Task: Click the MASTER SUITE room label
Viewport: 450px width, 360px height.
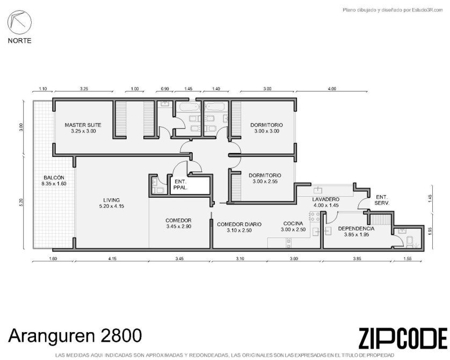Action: (83, 125)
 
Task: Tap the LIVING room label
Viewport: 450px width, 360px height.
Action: (111, 200)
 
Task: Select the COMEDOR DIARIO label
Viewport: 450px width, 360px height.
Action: (239, 224)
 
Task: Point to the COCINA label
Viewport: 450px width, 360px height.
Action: (293, 224)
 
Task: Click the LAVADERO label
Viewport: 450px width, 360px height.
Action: (326, 199)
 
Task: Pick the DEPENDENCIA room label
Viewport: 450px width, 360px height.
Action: (356, 228)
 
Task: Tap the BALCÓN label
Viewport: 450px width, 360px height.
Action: (54, 177)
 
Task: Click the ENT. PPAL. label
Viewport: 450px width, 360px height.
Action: (180, 185)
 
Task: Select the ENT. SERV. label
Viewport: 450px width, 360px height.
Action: (382, 200)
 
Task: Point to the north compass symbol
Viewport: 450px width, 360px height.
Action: (19, 23)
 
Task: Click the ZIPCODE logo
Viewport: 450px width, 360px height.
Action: (403, 338)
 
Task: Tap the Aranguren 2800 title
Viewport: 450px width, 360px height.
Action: (75, 336)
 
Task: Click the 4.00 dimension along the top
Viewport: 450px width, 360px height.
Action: (332, 89)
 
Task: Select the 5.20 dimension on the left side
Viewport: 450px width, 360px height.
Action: (20, 203)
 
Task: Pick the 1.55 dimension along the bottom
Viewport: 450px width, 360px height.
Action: (407, 258)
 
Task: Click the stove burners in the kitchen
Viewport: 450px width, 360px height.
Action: (315, 217)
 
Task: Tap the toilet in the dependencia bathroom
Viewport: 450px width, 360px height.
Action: (410, 242)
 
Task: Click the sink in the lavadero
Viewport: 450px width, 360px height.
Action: (318, 190)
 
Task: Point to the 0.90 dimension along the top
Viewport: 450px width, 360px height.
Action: (165, 89)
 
